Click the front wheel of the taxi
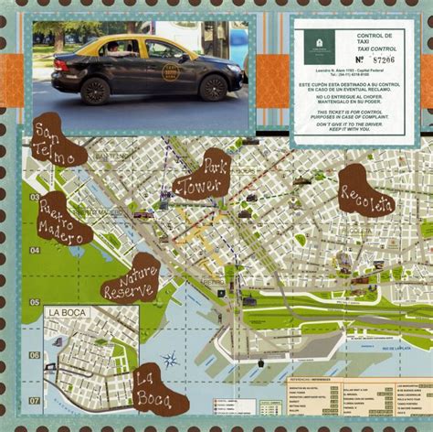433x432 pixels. tap(212, 87)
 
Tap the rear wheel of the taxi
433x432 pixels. tap(95, 90)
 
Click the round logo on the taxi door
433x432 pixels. tap(168, 74)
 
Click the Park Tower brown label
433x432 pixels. tap(203, 174)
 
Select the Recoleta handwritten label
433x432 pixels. tap(365, 191)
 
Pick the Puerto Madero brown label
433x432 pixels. tap(64, 220)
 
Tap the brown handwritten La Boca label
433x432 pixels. tap(158, 390)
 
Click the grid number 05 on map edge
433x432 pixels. tap(35, 301)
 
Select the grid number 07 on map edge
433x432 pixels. tap(35, 400)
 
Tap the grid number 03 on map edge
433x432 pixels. tap(35, 197)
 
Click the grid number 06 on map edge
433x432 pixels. tap(35, 355)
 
